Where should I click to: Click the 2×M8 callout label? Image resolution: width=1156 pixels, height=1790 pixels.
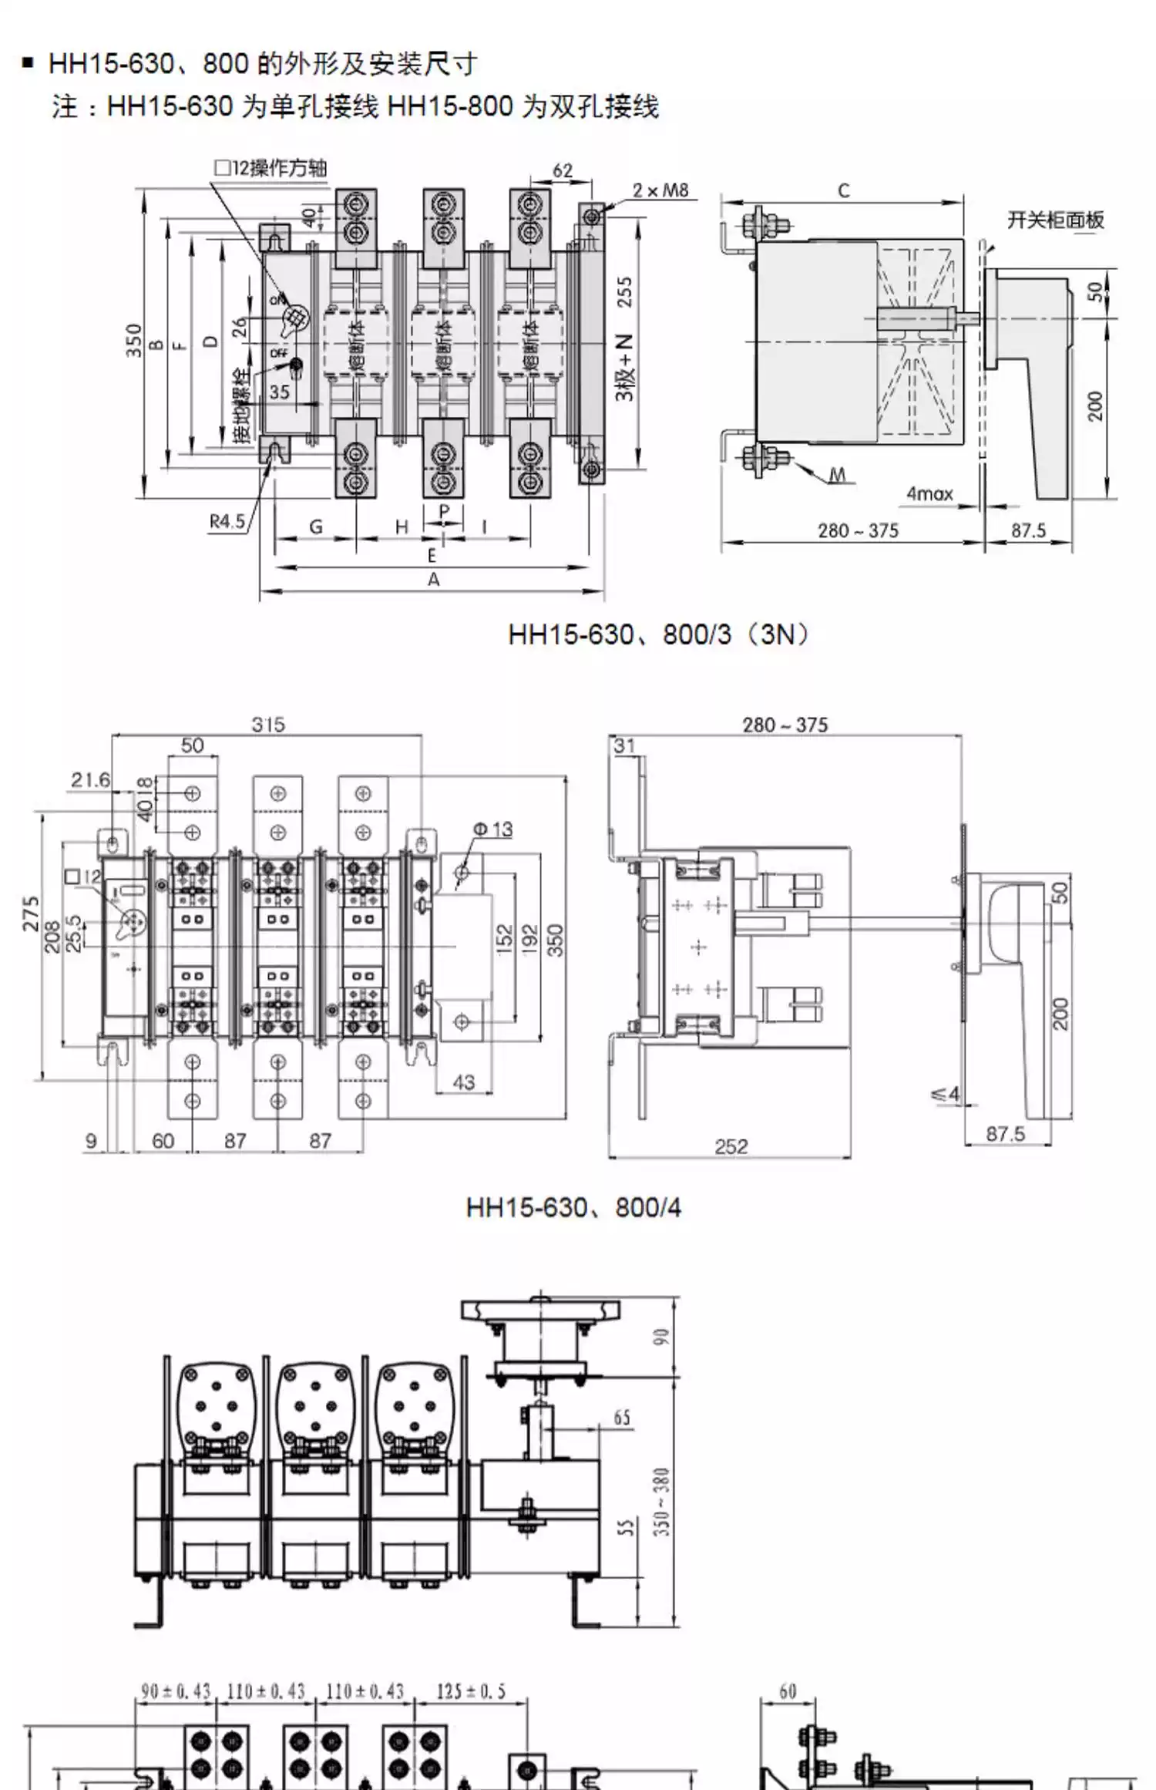tap(660, 190)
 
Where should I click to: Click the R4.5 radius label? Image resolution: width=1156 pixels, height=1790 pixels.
tap(227, 522)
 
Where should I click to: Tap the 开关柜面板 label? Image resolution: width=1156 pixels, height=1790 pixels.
tap(1055, 220)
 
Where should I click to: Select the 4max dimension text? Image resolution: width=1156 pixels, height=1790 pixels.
tap(929, 493)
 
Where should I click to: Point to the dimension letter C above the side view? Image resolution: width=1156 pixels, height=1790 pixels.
tap(843, 190)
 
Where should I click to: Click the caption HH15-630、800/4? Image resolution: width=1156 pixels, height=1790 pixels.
tap(573, 1207)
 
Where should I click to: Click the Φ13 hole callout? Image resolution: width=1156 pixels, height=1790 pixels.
tap(492, 829)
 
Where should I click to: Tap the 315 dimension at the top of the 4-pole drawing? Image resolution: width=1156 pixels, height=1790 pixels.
tap(268, 725)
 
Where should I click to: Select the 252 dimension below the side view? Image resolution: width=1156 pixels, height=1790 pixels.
tap(731, 1146)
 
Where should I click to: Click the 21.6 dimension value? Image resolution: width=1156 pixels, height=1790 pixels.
tap(91, 780)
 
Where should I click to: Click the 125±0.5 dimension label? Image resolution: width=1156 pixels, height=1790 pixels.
tap(471, 1691)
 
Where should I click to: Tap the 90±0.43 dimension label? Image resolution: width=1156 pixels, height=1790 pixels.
tap(176, 1691)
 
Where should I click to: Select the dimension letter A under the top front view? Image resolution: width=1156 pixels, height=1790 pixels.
tap(433, 580)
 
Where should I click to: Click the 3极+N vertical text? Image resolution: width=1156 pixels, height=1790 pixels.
tap(625, 368)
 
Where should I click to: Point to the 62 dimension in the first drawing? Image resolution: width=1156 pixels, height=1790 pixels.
tap(563, 170)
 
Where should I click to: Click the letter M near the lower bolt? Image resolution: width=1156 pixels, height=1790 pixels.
tap(838, 475)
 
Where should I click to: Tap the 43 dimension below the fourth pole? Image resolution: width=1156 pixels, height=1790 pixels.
tap(463, 1082)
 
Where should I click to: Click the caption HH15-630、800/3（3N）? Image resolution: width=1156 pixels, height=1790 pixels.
tap(660, 634)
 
